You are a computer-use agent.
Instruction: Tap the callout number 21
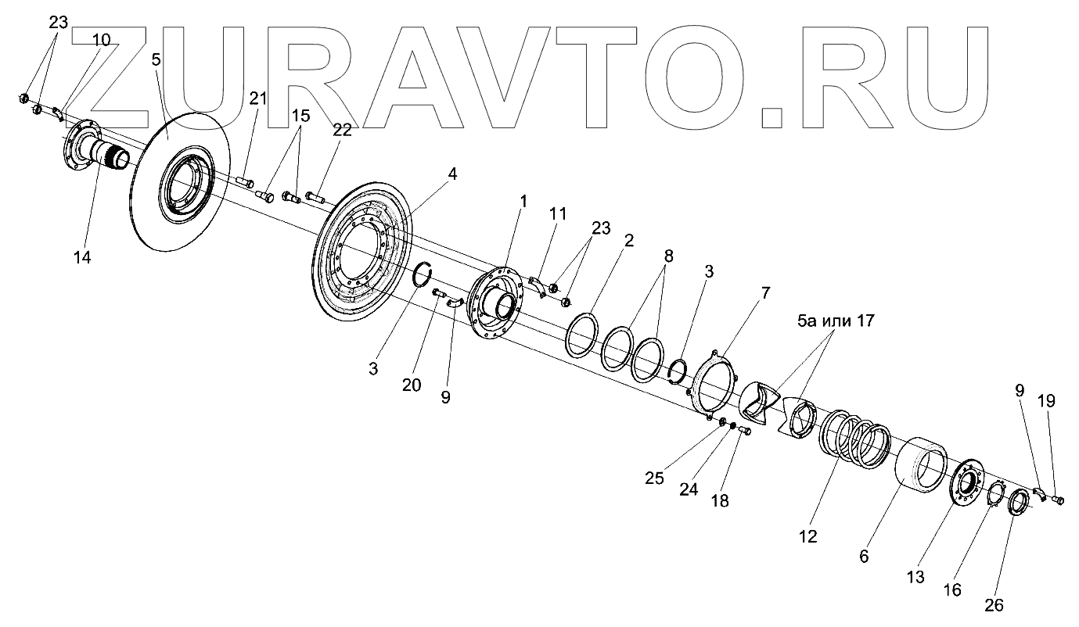point(258,99)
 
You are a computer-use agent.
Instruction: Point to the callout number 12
point(807,537)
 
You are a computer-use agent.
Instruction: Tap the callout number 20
point(412,385)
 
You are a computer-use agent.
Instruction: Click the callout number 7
point(764,294)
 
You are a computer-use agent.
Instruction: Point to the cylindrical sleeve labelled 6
point(921,468)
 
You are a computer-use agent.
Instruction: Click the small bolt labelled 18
point(744,430)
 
